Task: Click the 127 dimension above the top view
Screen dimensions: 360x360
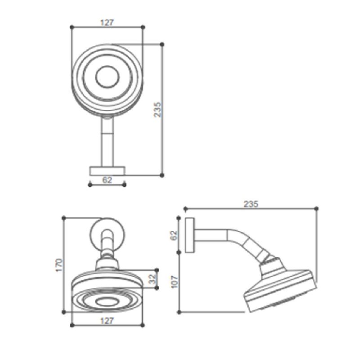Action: click(x=107, y=22)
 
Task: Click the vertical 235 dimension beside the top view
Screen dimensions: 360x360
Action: click(x=158, y=110)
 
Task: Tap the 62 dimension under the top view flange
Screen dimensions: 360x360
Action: click(x=107, y=180)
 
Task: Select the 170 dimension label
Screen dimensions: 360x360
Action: click(x=59, y=265)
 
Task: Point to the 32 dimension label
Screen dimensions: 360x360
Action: click(x=153, y=279)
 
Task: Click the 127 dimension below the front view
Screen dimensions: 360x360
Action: click(x=107, y=321)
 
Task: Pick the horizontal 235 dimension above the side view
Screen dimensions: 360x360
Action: click(x=251, y=204)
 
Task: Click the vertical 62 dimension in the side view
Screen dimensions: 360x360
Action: click(x=174, y=235)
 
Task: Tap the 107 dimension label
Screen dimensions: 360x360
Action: click(x=175, y=282)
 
